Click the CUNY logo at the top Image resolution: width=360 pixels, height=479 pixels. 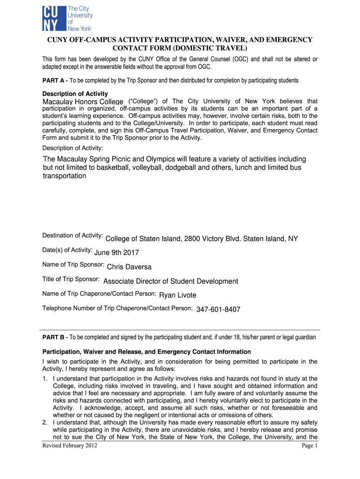coord(54,18)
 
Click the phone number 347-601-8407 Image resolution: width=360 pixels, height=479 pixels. coord(218,310)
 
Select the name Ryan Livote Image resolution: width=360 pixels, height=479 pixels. coord(178,295)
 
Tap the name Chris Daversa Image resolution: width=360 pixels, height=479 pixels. coord(129,267)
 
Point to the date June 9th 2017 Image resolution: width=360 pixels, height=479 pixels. coord(117,253)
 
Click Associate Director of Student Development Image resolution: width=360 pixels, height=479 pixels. coord(171,281)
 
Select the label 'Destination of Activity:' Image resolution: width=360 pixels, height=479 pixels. coord(72,235)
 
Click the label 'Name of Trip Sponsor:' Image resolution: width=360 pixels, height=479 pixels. coord(73,265)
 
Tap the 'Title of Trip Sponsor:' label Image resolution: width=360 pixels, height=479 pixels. coord(71,279)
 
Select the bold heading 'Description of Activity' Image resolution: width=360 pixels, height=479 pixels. coord(75,94)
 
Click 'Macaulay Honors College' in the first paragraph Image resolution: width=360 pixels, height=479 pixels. coord(83,102)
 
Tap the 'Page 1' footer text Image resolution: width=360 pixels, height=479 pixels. coord(310,446)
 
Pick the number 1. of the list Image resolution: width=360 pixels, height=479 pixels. coord(45,378)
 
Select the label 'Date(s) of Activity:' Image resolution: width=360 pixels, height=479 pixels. coord(67,250)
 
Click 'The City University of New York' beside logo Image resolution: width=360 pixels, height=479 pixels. coord(80,18)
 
